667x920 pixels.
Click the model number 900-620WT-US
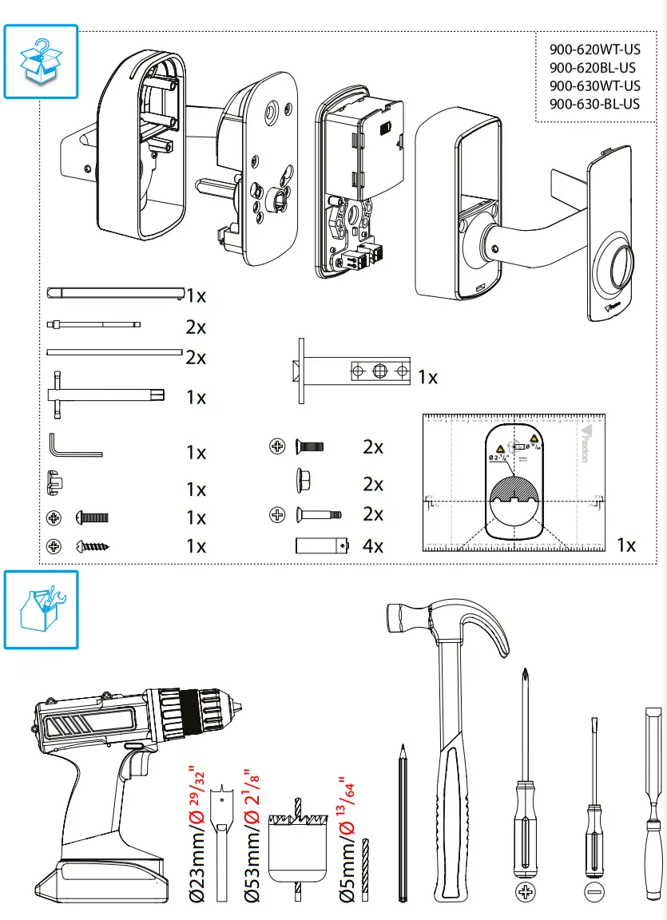[x=594, y=50]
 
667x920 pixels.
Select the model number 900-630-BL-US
[x=594, y=104]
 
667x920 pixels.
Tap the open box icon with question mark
[x=42, y=61]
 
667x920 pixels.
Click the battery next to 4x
[x=323, y=546]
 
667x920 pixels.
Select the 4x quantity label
[x=373, y=547]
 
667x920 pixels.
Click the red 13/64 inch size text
[x=348, y=807]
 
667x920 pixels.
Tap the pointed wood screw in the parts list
[x=93, y=547]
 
